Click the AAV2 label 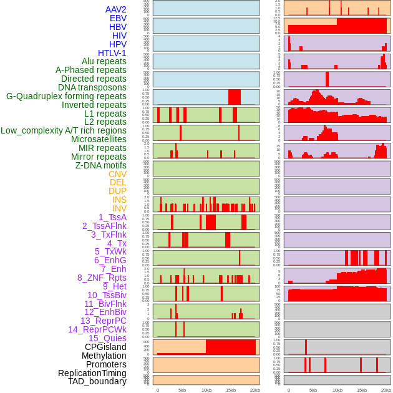point(116,9)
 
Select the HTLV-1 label point(112,53)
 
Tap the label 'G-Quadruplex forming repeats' point(66,96)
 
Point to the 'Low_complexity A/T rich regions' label point(64,130)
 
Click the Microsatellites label point(99,139)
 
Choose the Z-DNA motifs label point(101,165)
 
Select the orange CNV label point(117,174)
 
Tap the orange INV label point(119,208)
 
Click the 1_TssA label point(112,217)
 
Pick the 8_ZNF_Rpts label point(102,278)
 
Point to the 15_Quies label point(107,338)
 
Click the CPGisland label point(105,347)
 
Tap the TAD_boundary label point(97,381)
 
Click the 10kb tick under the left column point(206,390)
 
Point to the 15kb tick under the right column point(362,390)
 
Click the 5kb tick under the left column point(182,390)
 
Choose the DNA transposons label point(92,87)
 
